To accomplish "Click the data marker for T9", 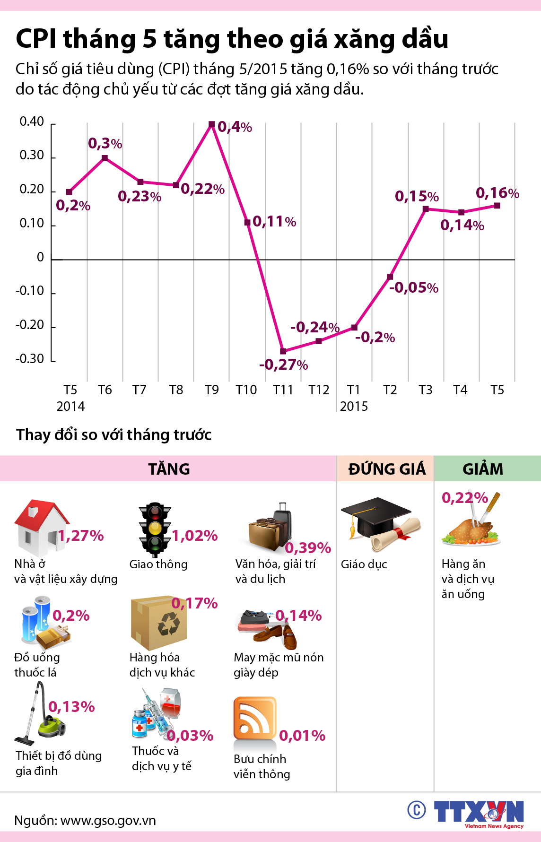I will point(212,124).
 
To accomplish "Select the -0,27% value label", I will point(283,365).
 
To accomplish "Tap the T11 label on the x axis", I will point(283,390).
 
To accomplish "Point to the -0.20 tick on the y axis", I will point(30,325).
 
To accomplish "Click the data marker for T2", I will point(390,277).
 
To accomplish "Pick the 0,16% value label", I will point(497,193).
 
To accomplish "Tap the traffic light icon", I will point(154,530).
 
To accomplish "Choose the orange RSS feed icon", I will point(254,718).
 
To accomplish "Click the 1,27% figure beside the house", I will point(81,536).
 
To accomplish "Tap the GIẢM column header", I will point(483,469).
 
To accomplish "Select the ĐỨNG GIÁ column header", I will point(387,469).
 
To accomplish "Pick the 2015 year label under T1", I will point(354,407).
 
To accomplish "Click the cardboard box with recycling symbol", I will point(158,623).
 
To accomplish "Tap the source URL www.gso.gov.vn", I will point(108,820).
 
